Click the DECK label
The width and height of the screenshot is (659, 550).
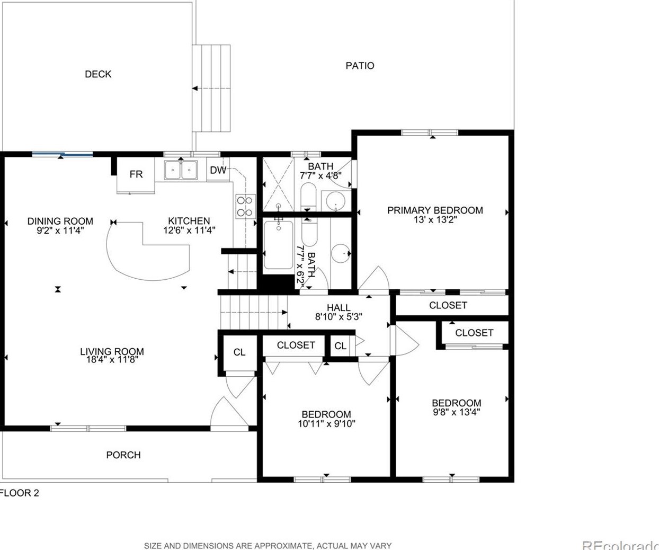click(x=98, y=74)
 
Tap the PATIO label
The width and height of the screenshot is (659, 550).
click(x=360, y=66)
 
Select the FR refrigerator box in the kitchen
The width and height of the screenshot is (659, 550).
click(x=136, y=175)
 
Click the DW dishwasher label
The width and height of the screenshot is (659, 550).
click(x=218, y=170)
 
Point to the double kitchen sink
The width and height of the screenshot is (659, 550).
click(x=181, y=170)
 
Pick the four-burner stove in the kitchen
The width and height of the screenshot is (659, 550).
click(x=246, y=207)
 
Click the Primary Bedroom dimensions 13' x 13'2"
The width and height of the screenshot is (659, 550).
click(x=435, y=220)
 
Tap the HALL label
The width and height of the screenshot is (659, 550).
click(x=339, y=307)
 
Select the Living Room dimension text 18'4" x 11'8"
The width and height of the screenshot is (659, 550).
click(x=112, y=360)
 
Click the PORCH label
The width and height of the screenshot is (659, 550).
click(x=123, y=455)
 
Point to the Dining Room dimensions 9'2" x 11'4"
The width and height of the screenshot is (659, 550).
click(x=60, y=230)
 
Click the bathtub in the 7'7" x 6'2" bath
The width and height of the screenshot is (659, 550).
click(x=278, y=245)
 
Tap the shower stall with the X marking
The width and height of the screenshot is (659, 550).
click(x=278, y=184)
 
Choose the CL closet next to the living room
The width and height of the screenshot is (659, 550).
click(x=239, y=352)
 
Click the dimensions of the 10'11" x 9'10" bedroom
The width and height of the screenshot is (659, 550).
click(x=327, y=424)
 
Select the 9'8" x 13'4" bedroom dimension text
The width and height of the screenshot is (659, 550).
click(x=457, y=412)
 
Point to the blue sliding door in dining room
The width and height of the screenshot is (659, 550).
click(x=63, y=154)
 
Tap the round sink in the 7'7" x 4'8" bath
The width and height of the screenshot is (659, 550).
click(x=335, y=201)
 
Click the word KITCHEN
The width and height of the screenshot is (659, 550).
click(x=189, y=221)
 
